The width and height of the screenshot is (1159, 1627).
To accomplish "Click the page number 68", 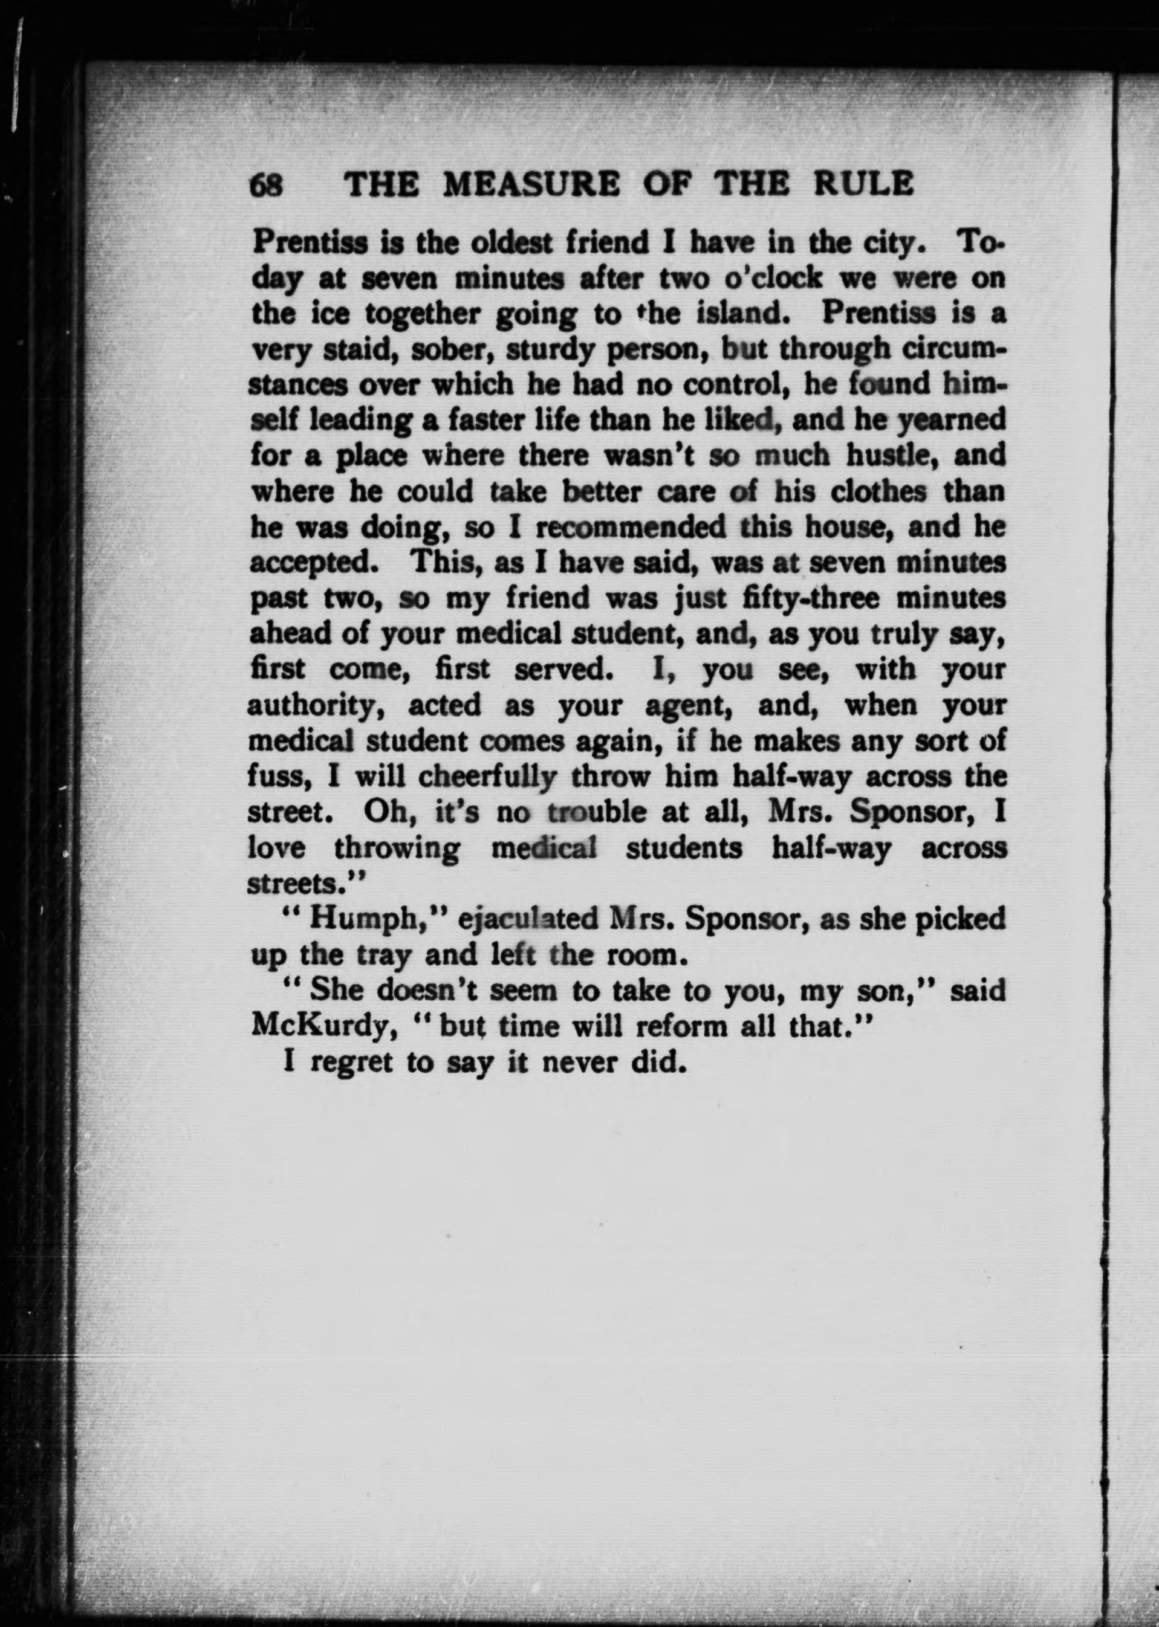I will pyautogui.click(x=266, y=186).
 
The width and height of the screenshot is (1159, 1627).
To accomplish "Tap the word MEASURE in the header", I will pyautogui.click(x=531, y=186).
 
